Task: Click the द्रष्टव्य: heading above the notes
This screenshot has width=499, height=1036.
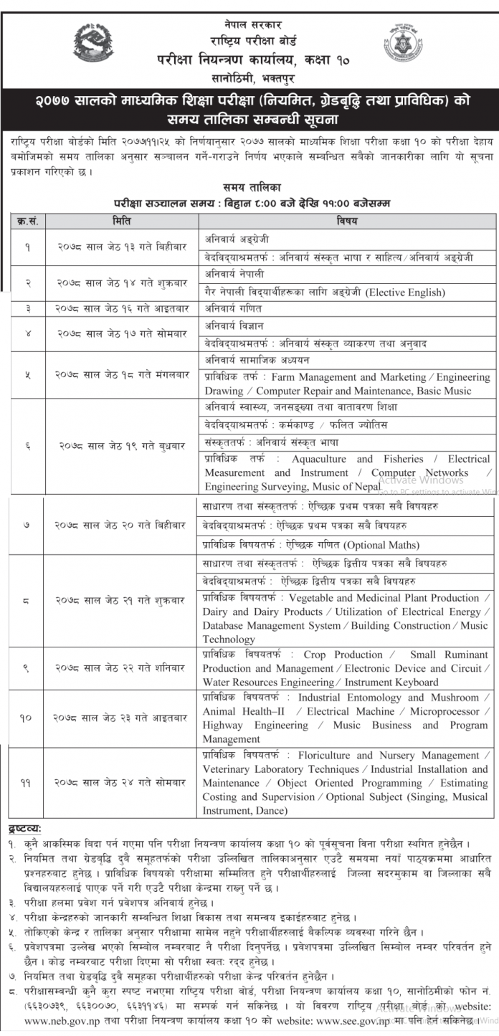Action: tap(26, 830)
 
